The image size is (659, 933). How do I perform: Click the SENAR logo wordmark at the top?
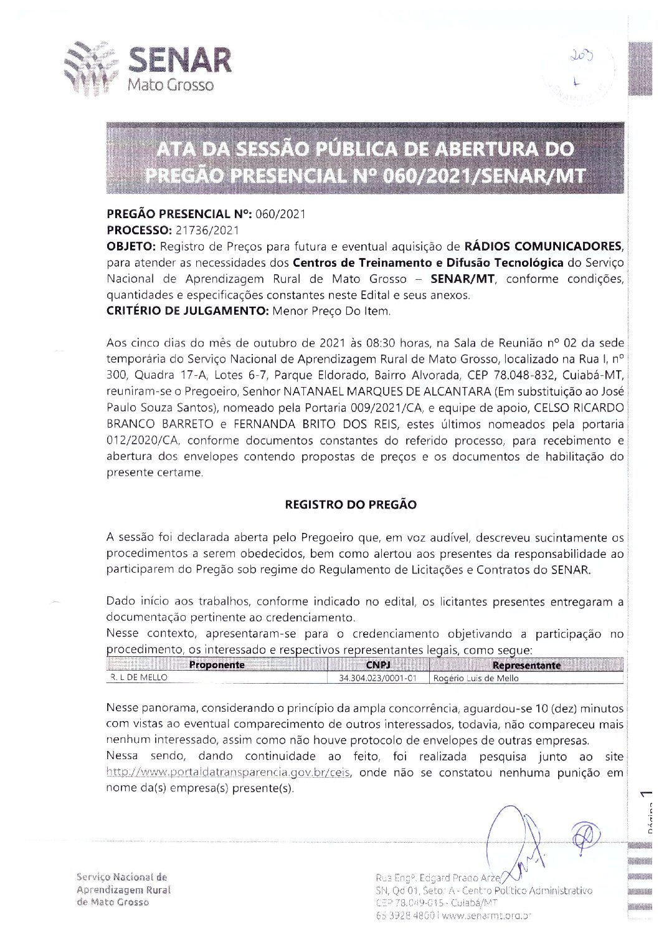pyautogui.click(x=179, y=60)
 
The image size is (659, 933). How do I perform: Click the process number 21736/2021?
pyautogui.click(x=204, y=230)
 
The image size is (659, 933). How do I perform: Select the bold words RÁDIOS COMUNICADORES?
pyautogui.click(x=543, y=246)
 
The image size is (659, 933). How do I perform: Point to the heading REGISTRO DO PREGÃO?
pyautogui.click(x=351, y=505)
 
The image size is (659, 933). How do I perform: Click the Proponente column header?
pyautogui.click(x=217, y=665)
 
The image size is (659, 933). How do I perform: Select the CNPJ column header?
pyautogui.click(x=378, y=665)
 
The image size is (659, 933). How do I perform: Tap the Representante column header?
pyautogui.click(x=526, y=665)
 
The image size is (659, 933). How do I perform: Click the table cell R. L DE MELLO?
pyautogui.click(x=139, y=678)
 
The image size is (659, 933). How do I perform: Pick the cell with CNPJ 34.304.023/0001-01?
pyautogui.click(x=377, y=678)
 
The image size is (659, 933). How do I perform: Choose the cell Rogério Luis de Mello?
pyautogui.click(x=476, y=678)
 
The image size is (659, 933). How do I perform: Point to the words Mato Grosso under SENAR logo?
pyautogui.click(x=170, y=85)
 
